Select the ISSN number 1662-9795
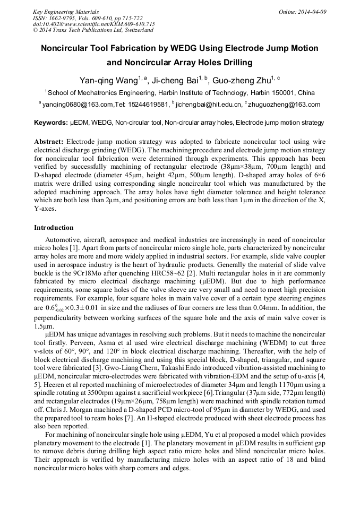click(x=62, y=18)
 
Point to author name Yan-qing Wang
click(x=108, y=81)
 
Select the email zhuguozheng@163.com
click(x=285, y=105)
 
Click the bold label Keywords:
click(x=51, y=123)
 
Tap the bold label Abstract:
click(x=49, y=142)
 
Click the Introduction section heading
click(x=54, y=228)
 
